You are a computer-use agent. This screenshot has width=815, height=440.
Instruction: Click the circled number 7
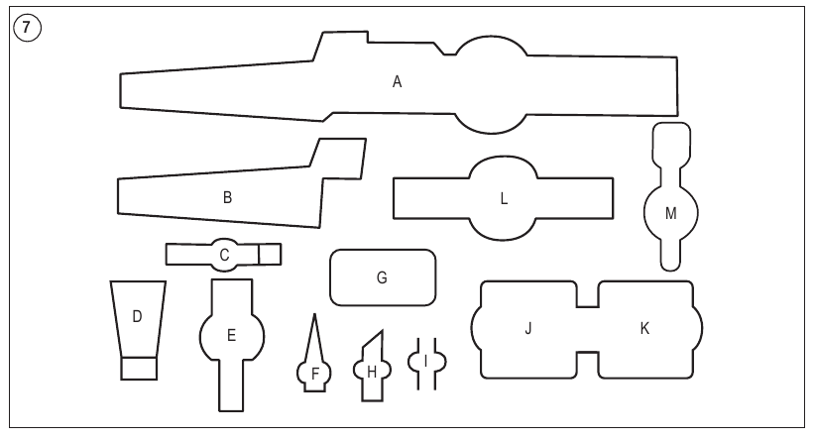pos(27,28)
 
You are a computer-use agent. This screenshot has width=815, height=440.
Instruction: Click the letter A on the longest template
pos(398,82)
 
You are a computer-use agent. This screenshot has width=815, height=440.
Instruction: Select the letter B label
pos(227,197)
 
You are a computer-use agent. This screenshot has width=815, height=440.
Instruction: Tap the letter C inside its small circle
pos(224,255)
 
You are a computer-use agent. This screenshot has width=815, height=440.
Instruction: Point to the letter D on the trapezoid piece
pos(137,316)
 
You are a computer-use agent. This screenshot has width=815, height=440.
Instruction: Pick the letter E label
pos(231,336)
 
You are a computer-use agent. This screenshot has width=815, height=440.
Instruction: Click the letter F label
pos(315,374)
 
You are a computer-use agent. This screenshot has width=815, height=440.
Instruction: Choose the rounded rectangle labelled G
pos(383,277)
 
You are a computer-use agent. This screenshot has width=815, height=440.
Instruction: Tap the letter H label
pos(372,372)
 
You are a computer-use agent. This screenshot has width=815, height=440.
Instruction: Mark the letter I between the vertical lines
pos(426,361)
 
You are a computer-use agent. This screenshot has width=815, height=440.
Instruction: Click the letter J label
pos(528,328)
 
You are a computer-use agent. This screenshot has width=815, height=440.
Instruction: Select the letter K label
pos(644,328)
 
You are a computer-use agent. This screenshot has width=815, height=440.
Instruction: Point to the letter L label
pos(503,198)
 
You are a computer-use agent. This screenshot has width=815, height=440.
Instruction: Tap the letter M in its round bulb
pos(671,213)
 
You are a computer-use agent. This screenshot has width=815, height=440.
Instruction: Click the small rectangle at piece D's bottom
pos(139,369)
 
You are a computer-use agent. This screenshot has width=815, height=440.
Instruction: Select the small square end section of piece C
pos(270,255)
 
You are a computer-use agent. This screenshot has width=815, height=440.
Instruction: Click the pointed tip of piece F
pos(314,314)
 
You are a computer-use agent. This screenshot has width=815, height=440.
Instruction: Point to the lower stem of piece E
pos(231,385)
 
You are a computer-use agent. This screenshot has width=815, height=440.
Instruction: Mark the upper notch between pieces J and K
pos(588,294)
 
